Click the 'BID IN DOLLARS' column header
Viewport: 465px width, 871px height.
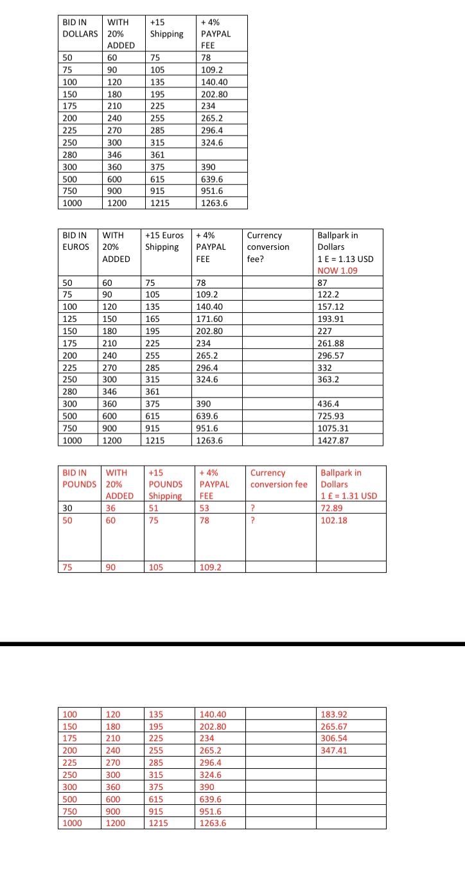tap(80, 28)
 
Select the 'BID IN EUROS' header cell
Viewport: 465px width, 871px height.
tap(76, 241)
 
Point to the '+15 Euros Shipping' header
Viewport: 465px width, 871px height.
tap(164, 241)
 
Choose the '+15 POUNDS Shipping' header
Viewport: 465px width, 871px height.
tap(166, 484)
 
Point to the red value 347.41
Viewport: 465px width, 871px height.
tap(333, 750)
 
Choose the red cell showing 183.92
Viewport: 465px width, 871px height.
tap(333, 714)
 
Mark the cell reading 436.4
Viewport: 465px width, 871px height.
tap(329, 404)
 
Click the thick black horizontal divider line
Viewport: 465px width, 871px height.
tap(232, 643)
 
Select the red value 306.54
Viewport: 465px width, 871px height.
tap(333, 738)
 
